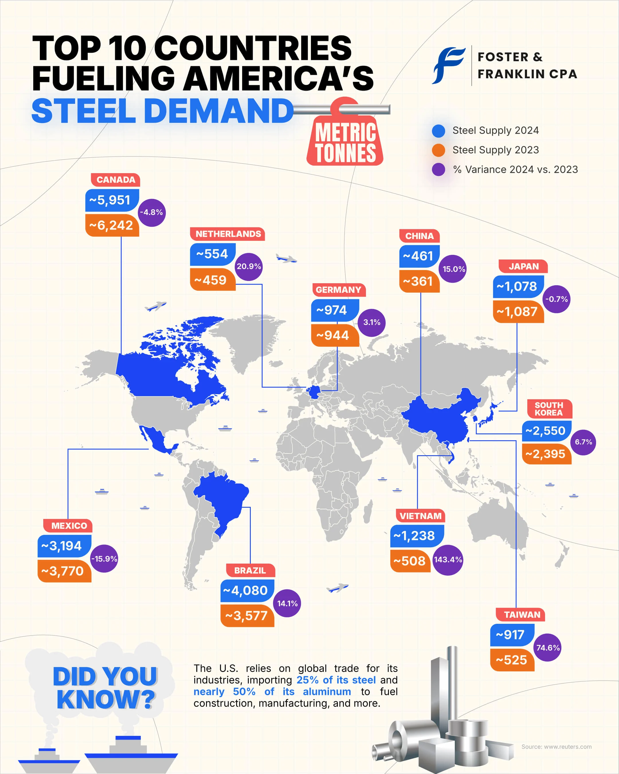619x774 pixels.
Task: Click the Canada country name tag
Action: coord(115,180)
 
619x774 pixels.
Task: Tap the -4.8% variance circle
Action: coord(151,212)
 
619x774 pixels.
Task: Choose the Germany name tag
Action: coord(338,290)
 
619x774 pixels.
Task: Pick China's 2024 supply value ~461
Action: coord(419,256)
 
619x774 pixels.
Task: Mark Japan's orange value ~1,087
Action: coord(518,312)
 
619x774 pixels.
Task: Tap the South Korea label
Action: coord(549,409)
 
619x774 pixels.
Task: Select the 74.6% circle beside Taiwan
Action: coord(548,648)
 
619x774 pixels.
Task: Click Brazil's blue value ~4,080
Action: coord(246,591)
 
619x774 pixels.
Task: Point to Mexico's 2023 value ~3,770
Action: coord(64,571)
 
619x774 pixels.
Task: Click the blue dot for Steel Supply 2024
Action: coord(438,131)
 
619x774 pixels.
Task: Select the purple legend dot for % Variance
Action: coord(438,169)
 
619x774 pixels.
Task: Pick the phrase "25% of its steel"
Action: coord(336,680)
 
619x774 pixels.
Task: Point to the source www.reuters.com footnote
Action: coord(556,747)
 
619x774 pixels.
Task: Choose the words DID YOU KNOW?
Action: coord(105,688)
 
